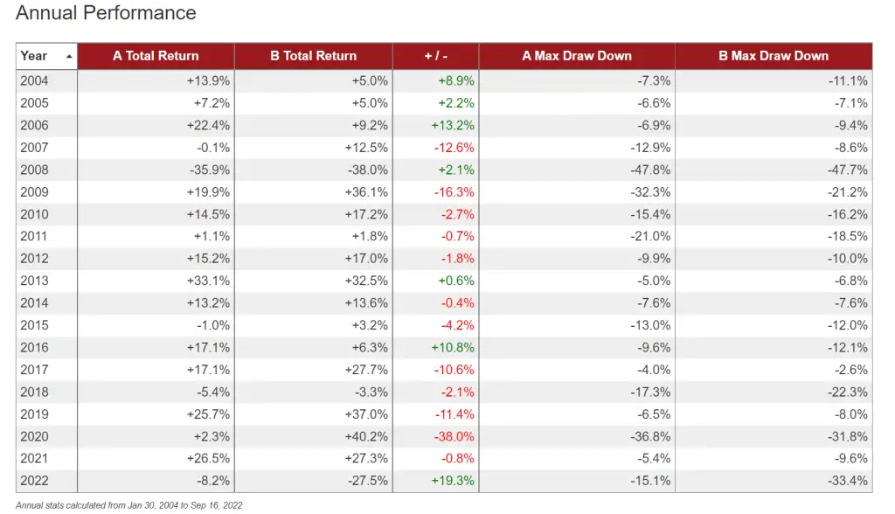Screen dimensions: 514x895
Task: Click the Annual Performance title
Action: [x=106, y=13]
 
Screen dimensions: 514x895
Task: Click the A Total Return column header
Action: [x=156, y=56]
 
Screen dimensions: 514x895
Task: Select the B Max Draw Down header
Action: [x=773, y=56]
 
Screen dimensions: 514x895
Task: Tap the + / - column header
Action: [x=435, y=56]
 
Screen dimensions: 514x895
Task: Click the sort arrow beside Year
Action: [x=69, y=56]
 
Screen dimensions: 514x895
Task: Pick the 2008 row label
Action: [x=34, y=170]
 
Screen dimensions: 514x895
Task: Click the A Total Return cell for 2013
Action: [x=211, y=281]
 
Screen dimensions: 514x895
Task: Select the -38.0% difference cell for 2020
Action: [x=454, y=436]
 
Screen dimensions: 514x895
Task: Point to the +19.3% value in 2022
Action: [x=453, y=481]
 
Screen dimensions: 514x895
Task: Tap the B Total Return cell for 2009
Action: [x=367, y=191]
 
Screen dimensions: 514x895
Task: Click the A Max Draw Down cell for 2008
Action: [x=650, y=170]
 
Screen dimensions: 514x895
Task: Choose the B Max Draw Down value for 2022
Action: [x=847, y=481]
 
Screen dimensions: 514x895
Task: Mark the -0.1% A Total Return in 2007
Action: [x=214, y=147]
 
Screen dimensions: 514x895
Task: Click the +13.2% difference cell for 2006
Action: [x=453, y=125]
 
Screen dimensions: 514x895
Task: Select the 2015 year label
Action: [x=34, y=325]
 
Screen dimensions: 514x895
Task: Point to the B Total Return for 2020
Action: [x=367, y=436]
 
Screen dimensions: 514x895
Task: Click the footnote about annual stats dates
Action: [x=128, y=505]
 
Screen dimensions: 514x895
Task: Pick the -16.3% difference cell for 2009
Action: [x=454, y=191]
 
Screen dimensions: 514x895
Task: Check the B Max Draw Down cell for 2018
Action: [x=847, y=392]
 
